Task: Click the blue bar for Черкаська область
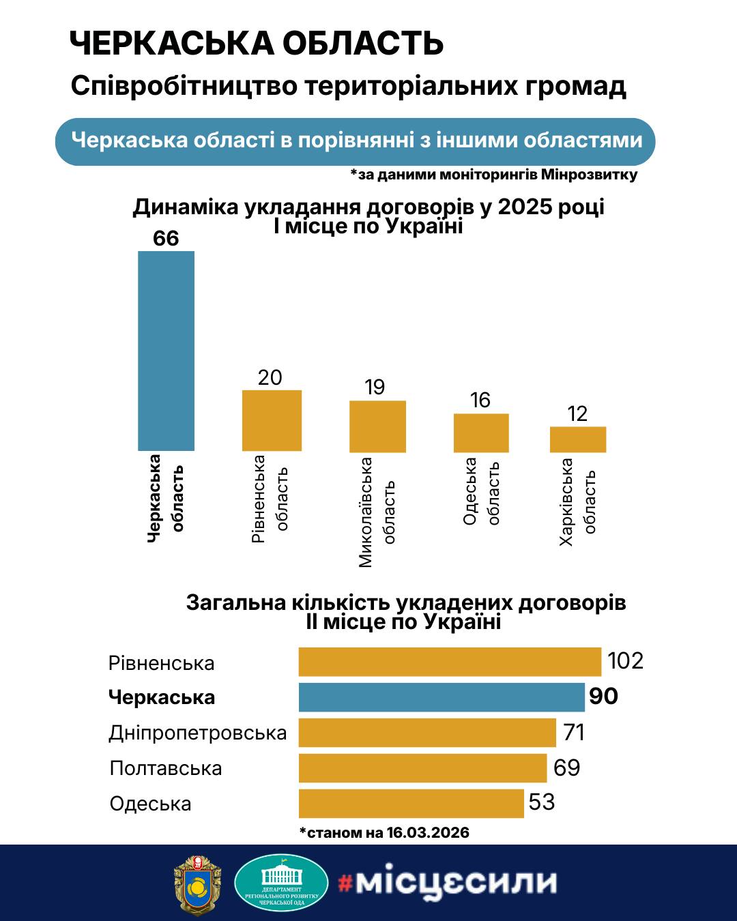166,351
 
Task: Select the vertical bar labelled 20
272,420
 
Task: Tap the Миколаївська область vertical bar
377,426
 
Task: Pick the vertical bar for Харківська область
578,439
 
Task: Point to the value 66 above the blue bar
166,238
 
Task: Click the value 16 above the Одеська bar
480,400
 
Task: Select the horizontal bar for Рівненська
450,662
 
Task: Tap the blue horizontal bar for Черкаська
442,697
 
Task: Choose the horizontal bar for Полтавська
423,768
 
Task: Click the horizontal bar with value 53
411,803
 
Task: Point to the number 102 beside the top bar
626,661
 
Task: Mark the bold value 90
603,697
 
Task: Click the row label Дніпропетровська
198,733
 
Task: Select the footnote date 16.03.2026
428,832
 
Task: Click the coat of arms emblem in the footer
198,883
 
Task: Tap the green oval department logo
280,883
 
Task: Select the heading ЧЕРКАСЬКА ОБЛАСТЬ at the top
257,44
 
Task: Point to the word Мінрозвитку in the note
590,175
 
